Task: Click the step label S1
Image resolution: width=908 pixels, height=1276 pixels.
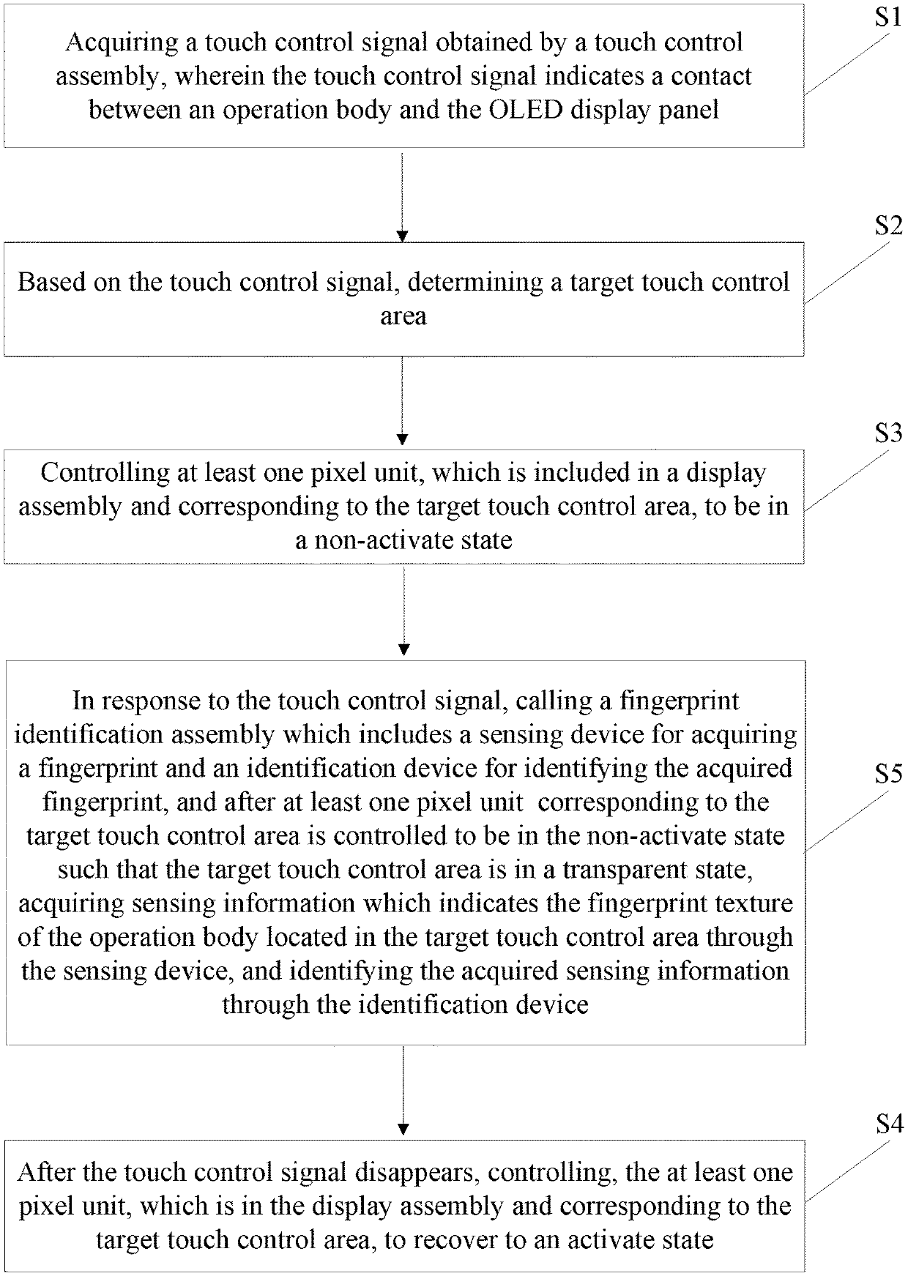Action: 887,18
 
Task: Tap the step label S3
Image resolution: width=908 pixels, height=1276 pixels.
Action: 887,433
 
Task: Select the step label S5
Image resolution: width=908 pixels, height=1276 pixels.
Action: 887,773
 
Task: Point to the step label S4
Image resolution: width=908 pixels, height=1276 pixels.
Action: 887,1124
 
